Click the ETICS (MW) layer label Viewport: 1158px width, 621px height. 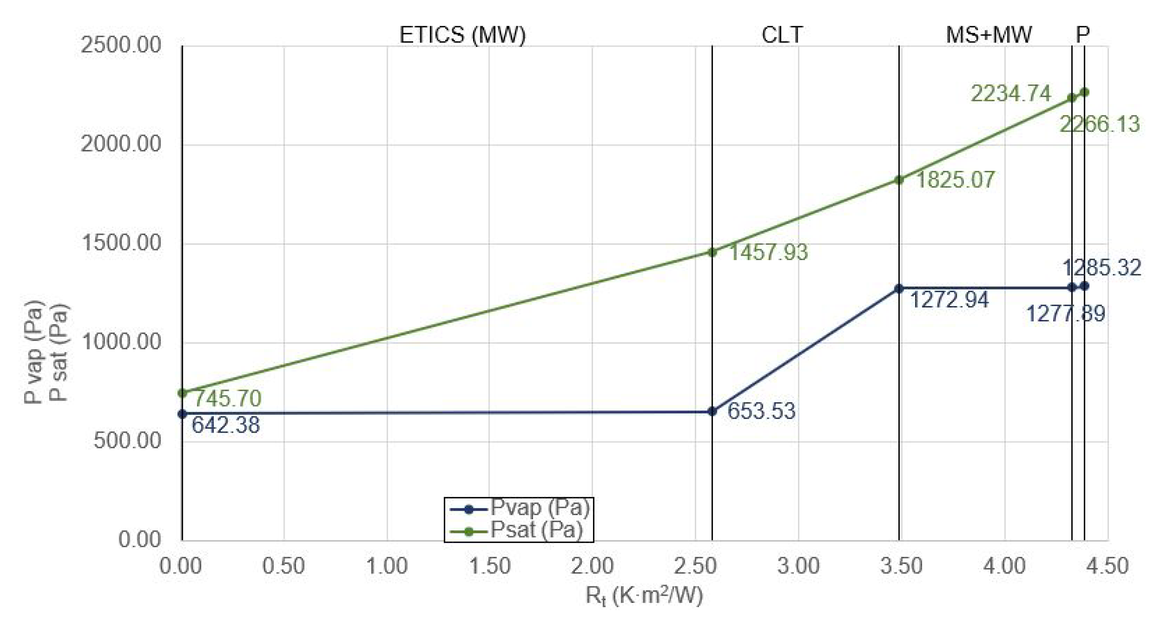(462, 35)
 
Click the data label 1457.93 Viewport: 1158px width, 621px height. (768, 252)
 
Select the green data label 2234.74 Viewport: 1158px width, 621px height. (1011, 94)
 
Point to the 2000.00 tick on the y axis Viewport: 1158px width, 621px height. (121, 144)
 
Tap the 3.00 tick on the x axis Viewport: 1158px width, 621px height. (798, 566)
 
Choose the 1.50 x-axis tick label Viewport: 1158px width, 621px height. (489, 566)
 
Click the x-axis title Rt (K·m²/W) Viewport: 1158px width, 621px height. (644, 596)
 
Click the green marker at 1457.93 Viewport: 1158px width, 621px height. (712, 252)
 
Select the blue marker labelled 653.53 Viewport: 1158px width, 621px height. (712, 411)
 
